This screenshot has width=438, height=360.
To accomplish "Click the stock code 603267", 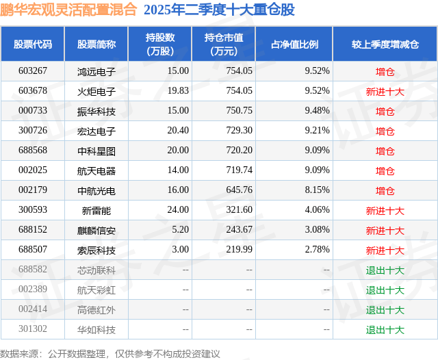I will [x=33, y=70].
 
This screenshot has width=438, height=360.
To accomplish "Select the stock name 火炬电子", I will [x=96, y=90].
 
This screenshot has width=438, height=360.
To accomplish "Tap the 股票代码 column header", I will [x=33, y=44].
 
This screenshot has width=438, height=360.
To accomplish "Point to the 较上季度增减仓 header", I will [x=385, y=44].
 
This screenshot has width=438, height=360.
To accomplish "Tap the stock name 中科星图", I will [x=96, y=151].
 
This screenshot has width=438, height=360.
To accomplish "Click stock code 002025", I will [x=33, y=170].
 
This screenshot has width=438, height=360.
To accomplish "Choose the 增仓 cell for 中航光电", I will [x=385, y=190].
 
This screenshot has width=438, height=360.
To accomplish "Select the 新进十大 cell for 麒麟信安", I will [x=385, y=231].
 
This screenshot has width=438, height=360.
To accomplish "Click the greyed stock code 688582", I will [x=33, y=270].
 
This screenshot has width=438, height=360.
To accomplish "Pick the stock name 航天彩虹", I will [x=96, y=290].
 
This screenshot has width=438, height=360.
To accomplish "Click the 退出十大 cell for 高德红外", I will [x=385, y=310].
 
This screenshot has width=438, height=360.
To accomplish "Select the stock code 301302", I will [x=33, y=330].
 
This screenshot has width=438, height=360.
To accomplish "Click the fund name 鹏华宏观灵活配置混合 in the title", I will [x=68, y=10].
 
